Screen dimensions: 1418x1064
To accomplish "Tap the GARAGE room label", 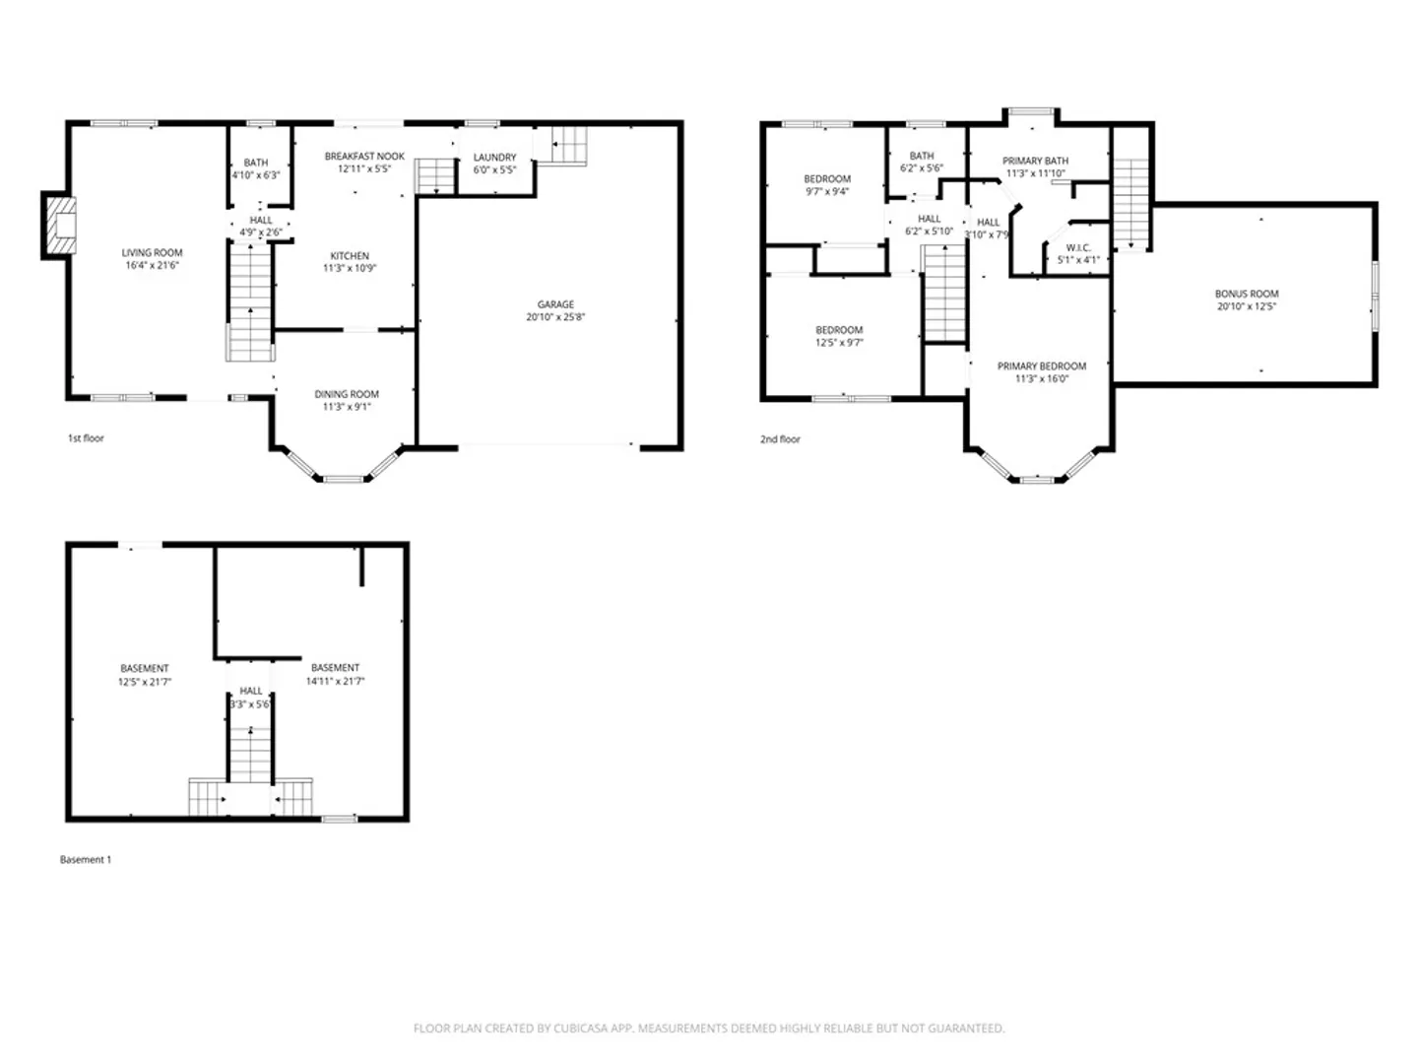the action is (x=555, y=304).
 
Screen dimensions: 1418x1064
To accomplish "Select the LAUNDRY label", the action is (x=495, y=158).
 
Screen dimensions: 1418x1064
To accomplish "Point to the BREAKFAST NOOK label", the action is (x=364, y=157).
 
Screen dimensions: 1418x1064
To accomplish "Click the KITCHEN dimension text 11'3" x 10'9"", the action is (x=350, y=268).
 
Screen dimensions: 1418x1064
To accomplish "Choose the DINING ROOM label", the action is (x=347, y=394).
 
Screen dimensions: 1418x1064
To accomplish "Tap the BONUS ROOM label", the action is (x=1246, y=294).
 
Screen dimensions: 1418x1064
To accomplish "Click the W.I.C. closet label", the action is (x=1078, y=248).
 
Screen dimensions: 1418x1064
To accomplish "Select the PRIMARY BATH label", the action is (x=1035, y=161).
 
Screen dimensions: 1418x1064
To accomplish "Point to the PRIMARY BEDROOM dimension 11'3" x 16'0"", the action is (x=1042, y=379).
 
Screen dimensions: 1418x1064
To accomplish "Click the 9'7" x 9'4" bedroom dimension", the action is (x=827, y=192).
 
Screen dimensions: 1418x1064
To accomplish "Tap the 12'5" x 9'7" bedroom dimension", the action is (x=839, y=343).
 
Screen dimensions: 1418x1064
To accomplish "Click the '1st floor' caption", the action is (x=86, y=438).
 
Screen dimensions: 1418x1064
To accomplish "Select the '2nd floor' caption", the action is (x=780, y=439).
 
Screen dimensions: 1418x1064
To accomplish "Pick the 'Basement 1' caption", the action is (x=86, y=860).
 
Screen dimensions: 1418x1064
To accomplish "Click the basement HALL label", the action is (x=251, y=692).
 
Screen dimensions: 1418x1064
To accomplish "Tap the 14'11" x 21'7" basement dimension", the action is (x=335, y=681).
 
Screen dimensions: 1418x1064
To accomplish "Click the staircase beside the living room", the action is (x=250, y=302).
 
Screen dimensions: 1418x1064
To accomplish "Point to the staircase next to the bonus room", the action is (x=1130, y=205).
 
